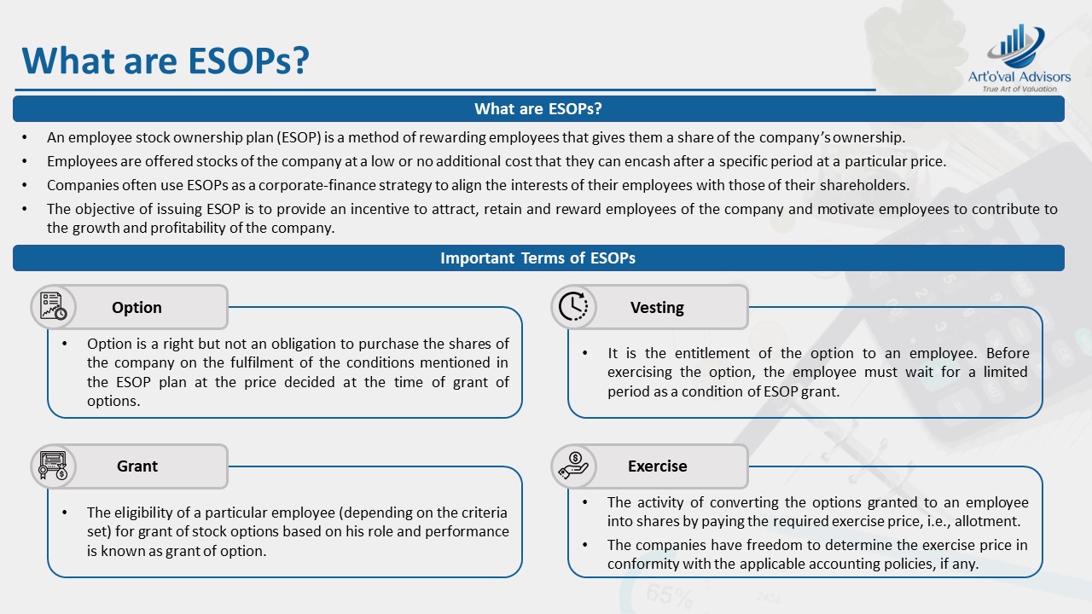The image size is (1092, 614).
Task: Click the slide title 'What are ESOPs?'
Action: tap(165, 60)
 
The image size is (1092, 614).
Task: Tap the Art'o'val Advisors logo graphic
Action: tap(1017, 47)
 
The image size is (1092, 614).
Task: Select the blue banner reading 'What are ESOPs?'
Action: tap(538, 109)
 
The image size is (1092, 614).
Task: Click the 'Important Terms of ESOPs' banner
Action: tap(538, 258)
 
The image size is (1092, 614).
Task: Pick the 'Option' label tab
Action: tap(136, 308)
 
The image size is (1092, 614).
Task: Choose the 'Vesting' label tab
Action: tap(657, 308)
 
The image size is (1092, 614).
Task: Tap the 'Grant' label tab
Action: tap(137, 466)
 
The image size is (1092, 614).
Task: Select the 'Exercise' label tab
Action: tap(657, 466)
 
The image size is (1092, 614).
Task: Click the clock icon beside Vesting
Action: tap(573, 307)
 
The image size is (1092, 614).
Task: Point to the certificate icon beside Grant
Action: tap(53, 466)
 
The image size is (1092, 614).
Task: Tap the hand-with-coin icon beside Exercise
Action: tap(573, 466)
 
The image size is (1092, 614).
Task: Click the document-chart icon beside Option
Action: tap(53, 307)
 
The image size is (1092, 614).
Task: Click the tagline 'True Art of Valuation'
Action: tap(1019, 89)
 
